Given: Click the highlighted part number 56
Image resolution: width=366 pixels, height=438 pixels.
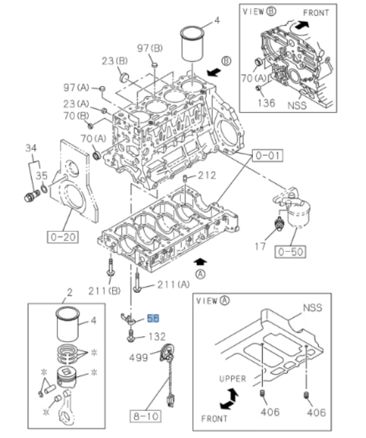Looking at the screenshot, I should [153, 319].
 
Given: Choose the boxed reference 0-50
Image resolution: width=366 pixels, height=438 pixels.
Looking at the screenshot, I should [290, 251].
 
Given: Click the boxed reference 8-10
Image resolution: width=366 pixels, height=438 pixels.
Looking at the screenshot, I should [145, 415].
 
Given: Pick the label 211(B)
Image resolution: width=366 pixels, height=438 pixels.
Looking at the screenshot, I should [104, 290].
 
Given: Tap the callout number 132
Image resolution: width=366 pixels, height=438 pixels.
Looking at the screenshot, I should [157, 337].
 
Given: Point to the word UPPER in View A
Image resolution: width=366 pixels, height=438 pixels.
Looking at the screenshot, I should [232, 379].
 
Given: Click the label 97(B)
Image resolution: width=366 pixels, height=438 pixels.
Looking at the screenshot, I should [150, 48].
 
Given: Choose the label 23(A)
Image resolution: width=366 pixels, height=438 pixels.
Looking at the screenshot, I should [76, 103].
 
